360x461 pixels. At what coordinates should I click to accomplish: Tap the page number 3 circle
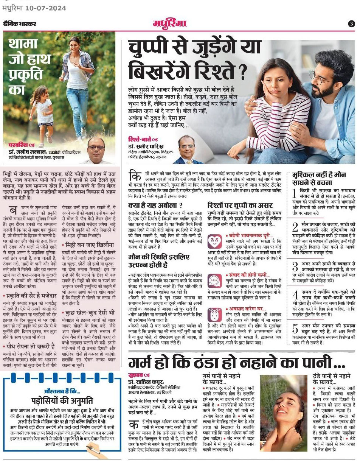pyautogui.click(x=351, y=23)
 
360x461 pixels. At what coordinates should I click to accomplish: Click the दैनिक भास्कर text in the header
pyautogui.click(x=20, y=24)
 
